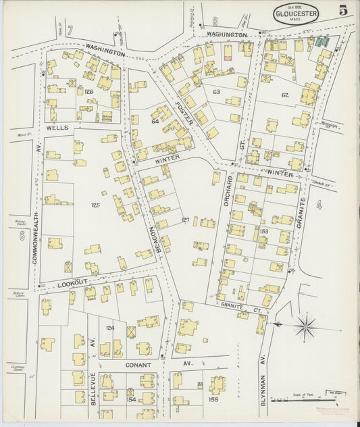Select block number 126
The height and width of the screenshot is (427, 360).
[88, 91]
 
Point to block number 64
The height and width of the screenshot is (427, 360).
[155, 122]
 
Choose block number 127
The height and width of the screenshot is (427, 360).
[186, 220]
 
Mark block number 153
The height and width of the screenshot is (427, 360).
[263, 231]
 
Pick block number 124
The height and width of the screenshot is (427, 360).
[110, 328]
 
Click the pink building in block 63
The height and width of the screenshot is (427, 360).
[228, 57]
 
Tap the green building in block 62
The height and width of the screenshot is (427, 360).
[319, 42]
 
